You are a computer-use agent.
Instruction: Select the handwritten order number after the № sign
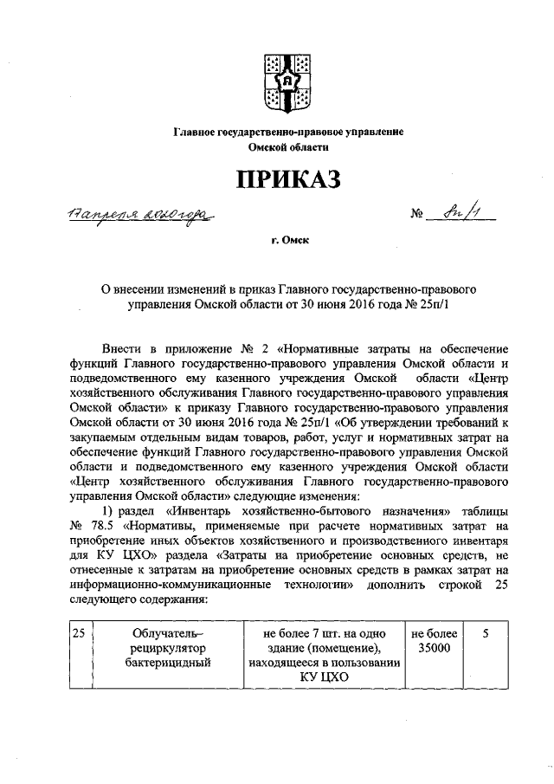click(465, 211)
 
